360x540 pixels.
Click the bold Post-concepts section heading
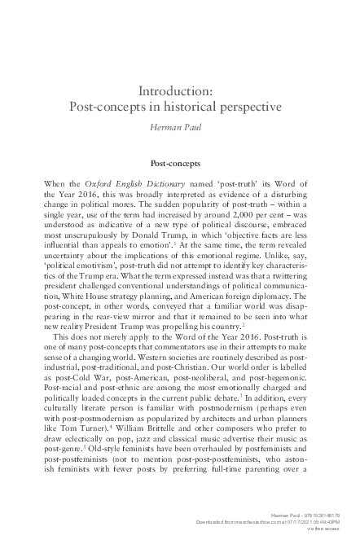click(x=179, y=163)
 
